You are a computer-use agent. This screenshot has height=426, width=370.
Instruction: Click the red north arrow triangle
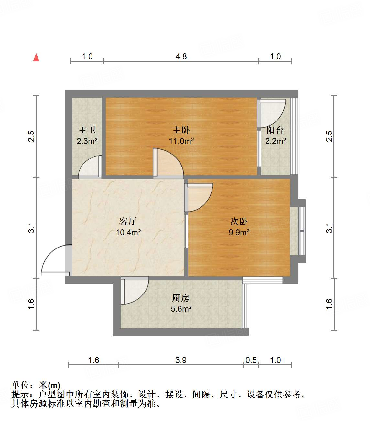36,58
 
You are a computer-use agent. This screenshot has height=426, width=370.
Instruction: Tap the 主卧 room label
181,130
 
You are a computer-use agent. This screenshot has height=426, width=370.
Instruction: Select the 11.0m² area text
181,141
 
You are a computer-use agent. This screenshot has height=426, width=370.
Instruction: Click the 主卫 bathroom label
87,130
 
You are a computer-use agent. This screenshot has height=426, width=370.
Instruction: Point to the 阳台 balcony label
275,130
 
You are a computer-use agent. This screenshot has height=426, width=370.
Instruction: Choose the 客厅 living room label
128,222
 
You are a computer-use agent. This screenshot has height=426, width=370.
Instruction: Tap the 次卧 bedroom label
239,222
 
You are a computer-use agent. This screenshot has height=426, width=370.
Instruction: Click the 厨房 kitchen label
181,298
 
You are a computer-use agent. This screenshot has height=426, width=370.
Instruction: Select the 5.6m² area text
181,309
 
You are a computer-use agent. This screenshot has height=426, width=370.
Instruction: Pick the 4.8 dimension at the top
181,57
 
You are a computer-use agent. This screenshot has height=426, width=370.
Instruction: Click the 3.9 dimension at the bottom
181,360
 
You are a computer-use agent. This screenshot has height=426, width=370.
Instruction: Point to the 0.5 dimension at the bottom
251,360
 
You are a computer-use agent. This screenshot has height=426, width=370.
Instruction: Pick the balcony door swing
270,113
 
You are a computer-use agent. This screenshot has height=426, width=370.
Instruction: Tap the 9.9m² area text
239,232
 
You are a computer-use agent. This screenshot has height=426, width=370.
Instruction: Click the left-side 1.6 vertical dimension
31,304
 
